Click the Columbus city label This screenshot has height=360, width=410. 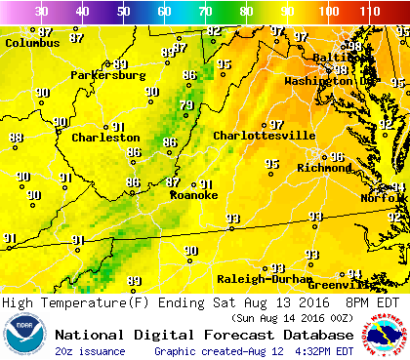(x=33, y=43)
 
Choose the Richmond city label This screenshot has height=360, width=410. (x=323, y=168)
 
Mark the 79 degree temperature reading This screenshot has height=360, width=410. (x=186, y=105)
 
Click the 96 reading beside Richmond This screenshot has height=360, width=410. (x=337, y=156)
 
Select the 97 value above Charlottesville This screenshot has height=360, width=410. (x=277, y=125)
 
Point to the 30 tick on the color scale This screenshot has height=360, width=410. (x=42, y=11)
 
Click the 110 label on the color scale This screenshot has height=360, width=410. (x=368, y=11)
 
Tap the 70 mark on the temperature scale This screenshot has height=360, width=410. (x=205, y=11)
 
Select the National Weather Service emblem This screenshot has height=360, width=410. (x=384, y=334)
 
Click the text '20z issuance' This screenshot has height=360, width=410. (x=89, y=350)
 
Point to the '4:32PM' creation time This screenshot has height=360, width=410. (x=331, y=350)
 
